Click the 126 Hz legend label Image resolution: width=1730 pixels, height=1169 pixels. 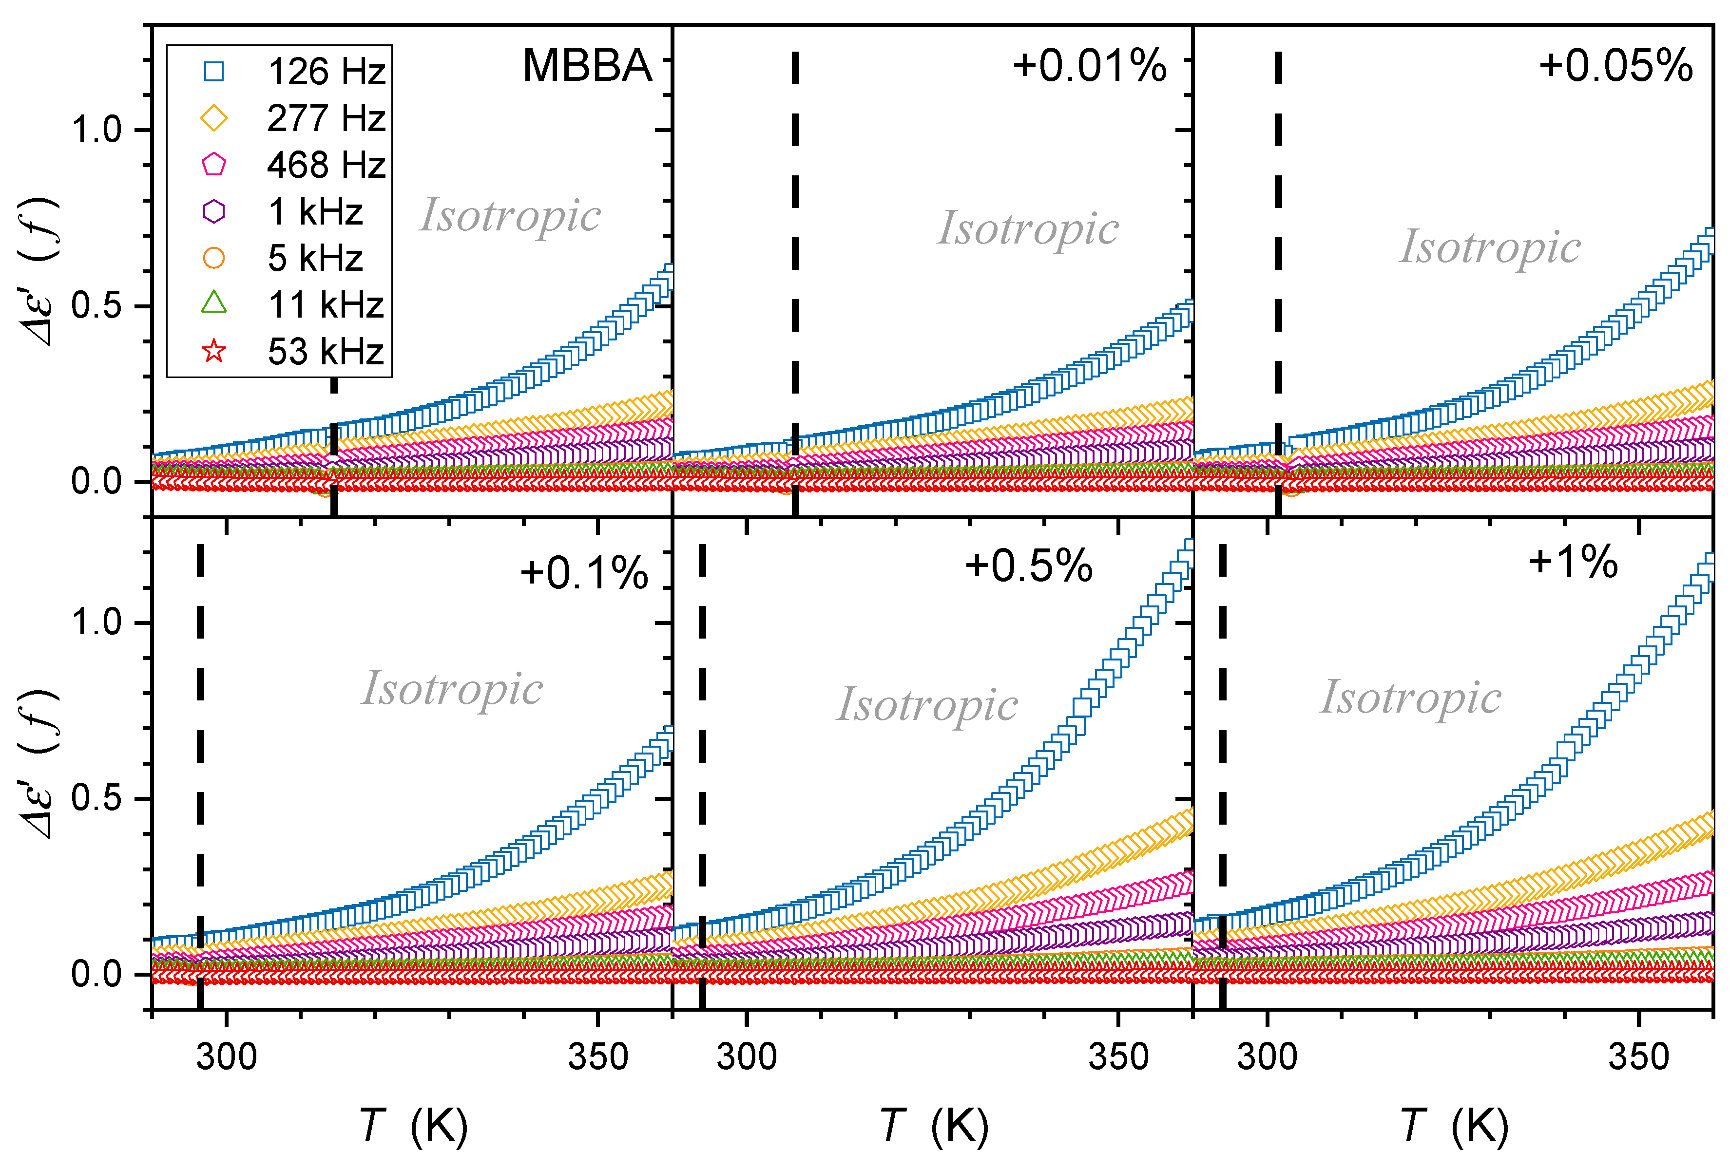pyautogui.click(x=326, y=72)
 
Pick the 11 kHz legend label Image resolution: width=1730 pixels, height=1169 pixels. pyautogui.click(x=326, y=305)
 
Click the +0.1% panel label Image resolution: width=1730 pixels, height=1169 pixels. pyautogui.click(x=584, y=574)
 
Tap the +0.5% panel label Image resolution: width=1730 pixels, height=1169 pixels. pyautogui.click(x=1028, y=566)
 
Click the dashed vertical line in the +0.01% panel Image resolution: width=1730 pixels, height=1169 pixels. pyautogui.click(x=795, y=223)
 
